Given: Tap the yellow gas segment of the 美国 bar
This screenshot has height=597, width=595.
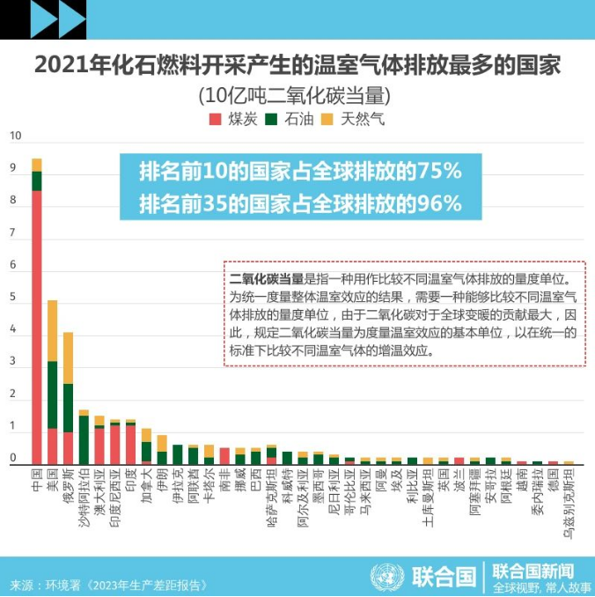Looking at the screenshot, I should point(53,330).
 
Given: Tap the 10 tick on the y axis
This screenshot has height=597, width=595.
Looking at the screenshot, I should point(14,136).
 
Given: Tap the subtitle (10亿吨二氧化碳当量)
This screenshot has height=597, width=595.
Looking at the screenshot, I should point(297,94).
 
